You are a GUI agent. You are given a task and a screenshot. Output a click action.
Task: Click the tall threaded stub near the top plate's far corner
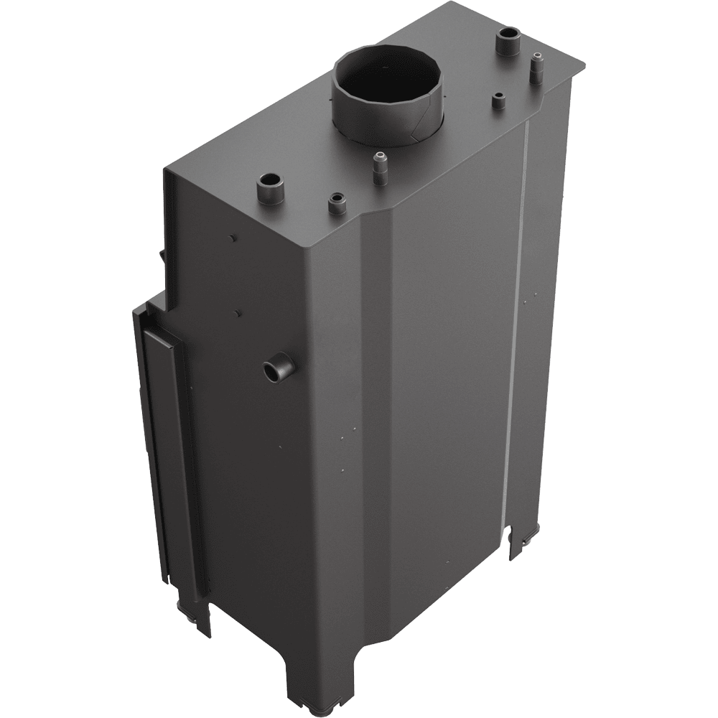[x=536, y=70]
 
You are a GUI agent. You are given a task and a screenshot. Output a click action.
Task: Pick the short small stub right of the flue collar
[x=497, y=100]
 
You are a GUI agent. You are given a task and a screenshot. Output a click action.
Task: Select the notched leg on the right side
[x=520, y=542]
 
